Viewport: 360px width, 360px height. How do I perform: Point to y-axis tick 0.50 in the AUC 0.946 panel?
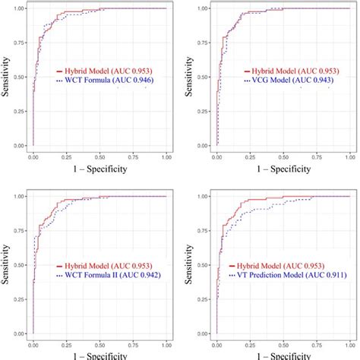pyautogui.click(x=20, y=77)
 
